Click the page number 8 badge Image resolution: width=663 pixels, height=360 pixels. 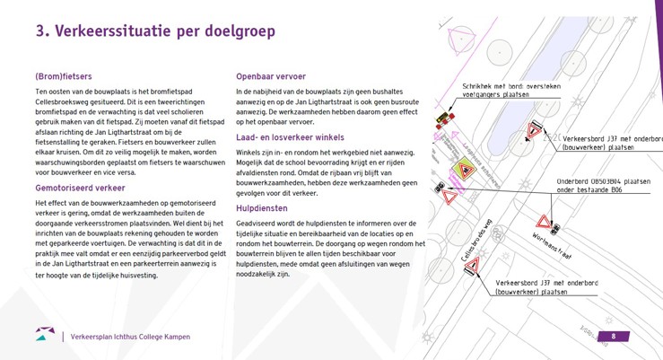click(614, 337)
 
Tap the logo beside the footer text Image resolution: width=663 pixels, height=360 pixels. click(45, 335)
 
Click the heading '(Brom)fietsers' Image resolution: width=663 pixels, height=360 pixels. click(63, 76)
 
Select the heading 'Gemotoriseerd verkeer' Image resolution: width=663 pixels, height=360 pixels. click(80, 189)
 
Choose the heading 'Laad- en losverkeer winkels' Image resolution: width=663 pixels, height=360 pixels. click(290, 137)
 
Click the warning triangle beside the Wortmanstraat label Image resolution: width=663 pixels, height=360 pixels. click(544, 222)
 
